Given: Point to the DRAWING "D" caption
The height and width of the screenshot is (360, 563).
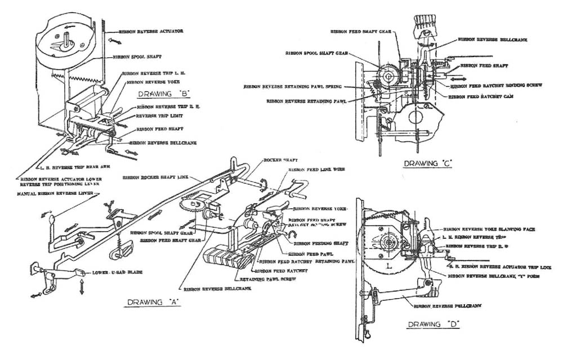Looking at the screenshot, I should click(x=434, y=324).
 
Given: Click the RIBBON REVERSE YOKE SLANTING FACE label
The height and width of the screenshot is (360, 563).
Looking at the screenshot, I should click(x=487, y=230).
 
